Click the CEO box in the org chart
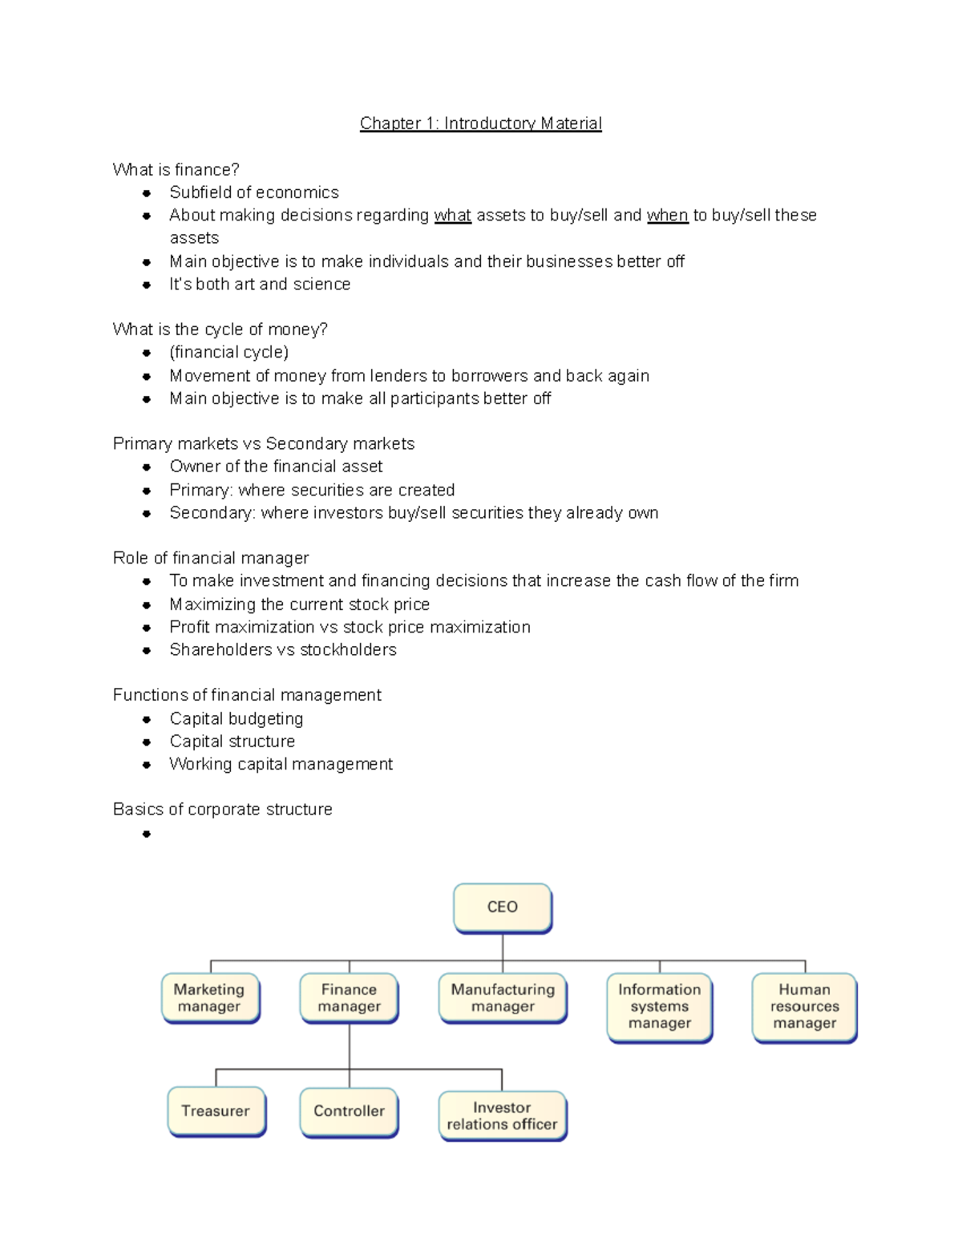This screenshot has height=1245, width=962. tap(503, 907)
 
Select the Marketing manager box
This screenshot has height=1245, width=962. tap(210, 998)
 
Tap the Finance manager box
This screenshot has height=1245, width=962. tap(349, 998)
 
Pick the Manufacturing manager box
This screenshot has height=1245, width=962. tap(503, 998)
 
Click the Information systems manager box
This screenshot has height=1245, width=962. tap(659, 1007)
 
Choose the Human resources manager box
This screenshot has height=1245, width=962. tap(804, 1007)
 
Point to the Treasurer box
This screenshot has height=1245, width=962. tap(216, 1111)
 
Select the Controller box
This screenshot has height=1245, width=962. tap(349, 1111)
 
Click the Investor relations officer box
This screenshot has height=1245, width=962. tap(502, 1116)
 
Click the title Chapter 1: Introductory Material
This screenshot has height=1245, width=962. tap(480, 123)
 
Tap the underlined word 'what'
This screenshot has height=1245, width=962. tap(452, 216)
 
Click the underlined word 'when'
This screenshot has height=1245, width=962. tap(667, 216)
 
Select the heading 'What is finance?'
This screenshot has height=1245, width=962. tap(176, 170)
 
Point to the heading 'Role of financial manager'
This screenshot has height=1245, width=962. tap(210, 558)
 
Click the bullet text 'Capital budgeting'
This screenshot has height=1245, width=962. tap(236, 719)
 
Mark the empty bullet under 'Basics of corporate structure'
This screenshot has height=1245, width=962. tap(146, 835)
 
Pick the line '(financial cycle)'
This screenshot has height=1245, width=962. tap(228, 353)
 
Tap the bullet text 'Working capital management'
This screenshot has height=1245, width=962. tap(281, 765)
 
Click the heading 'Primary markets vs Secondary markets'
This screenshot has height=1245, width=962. tap(263, 444)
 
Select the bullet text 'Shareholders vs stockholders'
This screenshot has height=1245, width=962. tap(282, 650)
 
